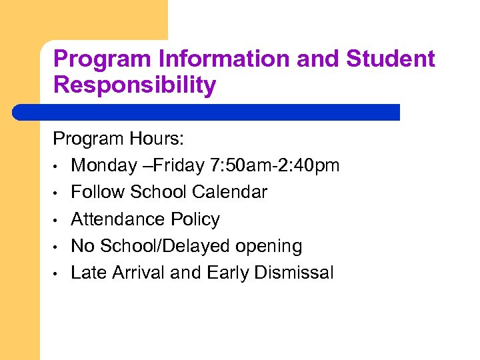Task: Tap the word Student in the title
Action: click(x=390, y=59)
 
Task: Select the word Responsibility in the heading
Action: click(x=135, y=85)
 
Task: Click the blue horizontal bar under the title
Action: click(x=207, y=112)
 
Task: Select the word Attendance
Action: click(x=121, y=219)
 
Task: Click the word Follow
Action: click(x=98, y=192)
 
